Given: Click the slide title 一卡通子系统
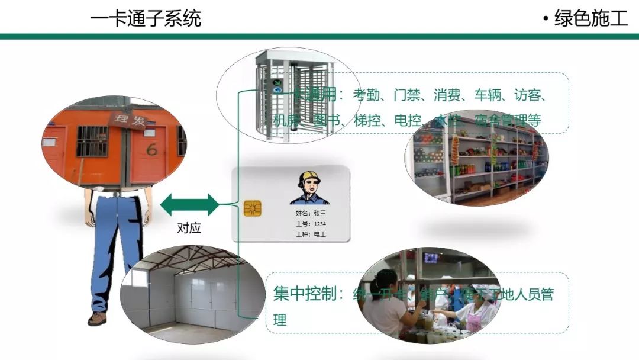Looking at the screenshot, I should (x=146, y=18).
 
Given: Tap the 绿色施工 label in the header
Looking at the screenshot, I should (x=590, y=18).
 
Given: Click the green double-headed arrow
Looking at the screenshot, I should (x=189, y=204).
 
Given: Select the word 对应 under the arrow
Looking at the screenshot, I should (x=189, y=229).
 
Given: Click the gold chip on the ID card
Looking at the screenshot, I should (x=253, y=209).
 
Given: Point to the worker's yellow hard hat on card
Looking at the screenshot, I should (x=309, y=176).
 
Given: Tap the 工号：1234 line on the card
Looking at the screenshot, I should (x=311, y=224).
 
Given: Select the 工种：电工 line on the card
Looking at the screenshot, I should (x=311, y=234).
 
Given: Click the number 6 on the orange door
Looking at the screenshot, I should (x=152, y=149).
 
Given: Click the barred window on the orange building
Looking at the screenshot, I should (x=92, y=141).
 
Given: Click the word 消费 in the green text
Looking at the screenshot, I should (x=448, y=95).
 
